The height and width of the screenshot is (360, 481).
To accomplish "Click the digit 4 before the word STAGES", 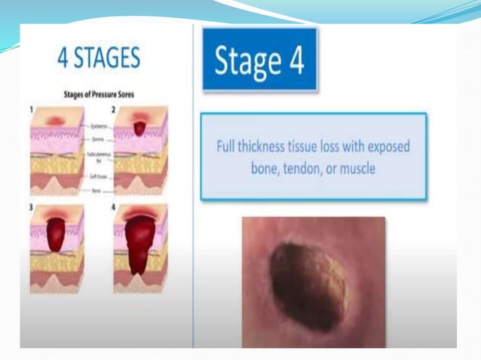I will [65, 59].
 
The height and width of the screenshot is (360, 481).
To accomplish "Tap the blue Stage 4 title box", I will [259, 61].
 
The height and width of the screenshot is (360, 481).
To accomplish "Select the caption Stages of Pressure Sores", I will [103, 95].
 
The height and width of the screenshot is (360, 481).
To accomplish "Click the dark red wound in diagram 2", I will [139, 127].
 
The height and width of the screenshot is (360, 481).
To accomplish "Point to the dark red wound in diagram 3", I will [57, 230].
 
